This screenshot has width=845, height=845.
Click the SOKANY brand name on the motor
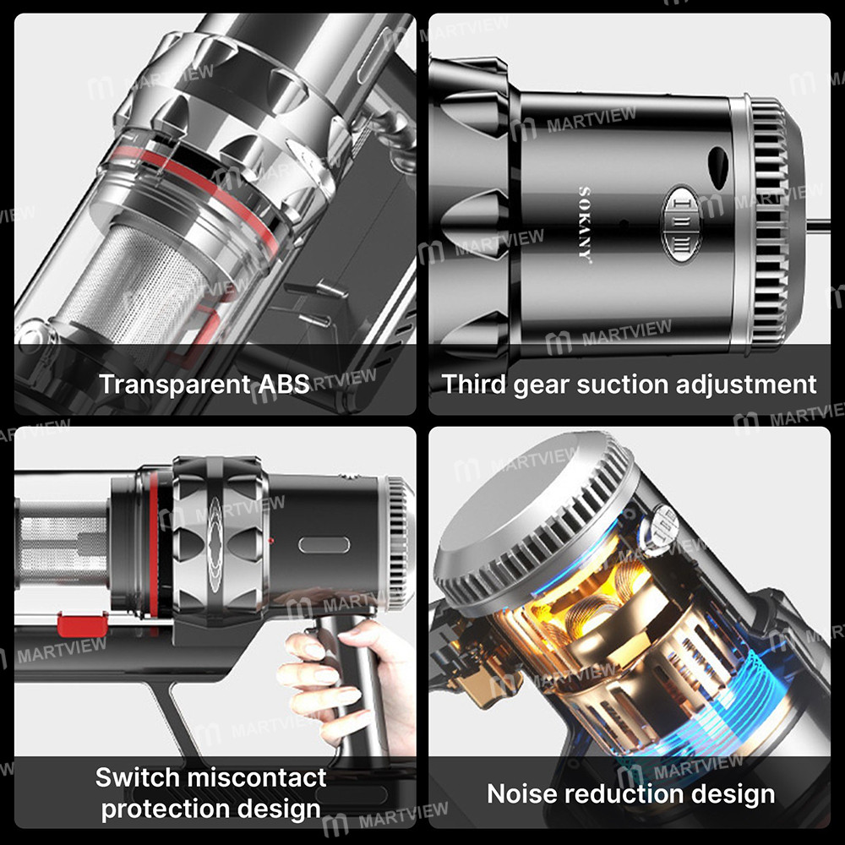coord(585,224)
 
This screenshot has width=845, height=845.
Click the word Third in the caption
coord(474,384)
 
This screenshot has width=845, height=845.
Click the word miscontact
coord(256,777)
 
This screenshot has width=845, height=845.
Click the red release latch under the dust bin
coord(82,624)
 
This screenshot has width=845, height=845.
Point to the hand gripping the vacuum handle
coord(345,684)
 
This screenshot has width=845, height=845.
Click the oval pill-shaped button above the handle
coord(324,545)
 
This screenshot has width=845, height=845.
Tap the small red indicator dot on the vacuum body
coord(270,540)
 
